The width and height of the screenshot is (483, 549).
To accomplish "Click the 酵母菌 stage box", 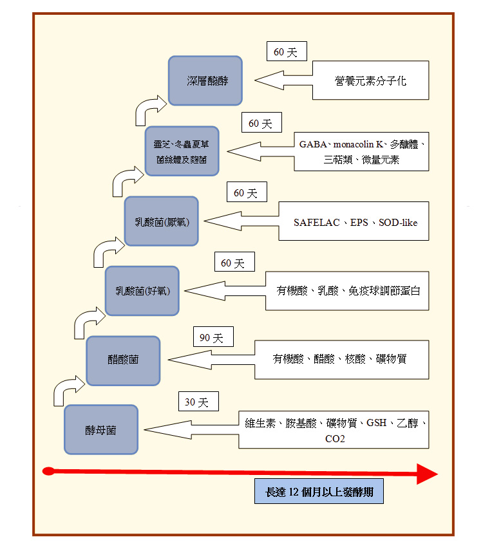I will point(101,429).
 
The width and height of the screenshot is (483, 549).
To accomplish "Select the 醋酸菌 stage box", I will point(123,360).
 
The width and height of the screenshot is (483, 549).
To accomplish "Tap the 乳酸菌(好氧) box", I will point(142,291).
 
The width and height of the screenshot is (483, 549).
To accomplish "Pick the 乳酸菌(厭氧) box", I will point(161,221).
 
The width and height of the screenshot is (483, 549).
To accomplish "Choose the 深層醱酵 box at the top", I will point(205,81).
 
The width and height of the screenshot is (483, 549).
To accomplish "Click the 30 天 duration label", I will point(198,402).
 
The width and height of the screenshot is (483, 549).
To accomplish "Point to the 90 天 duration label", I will point(212,337).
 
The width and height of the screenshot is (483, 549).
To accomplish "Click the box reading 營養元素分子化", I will point(370,80).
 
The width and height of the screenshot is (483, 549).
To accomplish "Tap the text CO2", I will point(335,440).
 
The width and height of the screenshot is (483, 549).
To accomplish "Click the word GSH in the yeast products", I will point(377,423).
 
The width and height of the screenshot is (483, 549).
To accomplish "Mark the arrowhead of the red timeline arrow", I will point(426,474).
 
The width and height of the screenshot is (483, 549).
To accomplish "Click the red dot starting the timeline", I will point(47,472).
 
